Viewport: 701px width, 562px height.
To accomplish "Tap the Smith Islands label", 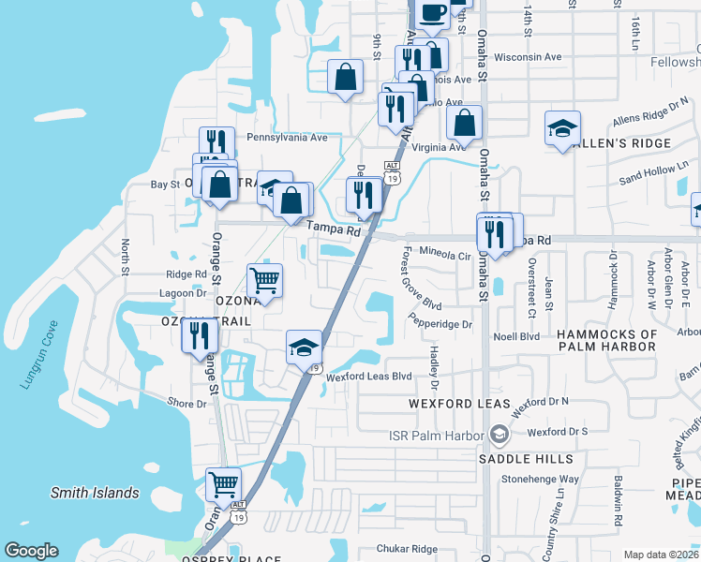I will [95, 493].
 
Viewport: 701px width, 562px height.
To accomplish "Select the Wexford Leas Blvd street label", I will [369, 377].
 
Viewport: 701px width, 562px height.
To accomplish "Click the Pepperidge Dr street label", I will [440, 324].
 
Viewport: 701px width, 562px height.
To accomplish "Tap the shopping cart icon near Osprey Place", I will [224, 485].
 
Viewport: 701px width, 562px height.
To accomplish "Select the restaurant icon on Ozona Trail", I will [199, 334].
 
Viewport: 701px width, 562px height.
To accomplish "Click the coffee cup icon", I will [432, 13].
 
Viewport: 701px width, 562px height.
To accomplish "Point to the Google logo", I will [32, 551].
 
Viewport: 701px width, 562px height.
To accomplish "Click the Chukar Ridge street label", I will [407, 549].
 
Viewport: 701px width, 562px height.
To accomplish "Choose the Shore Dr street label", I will [186, 403].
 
